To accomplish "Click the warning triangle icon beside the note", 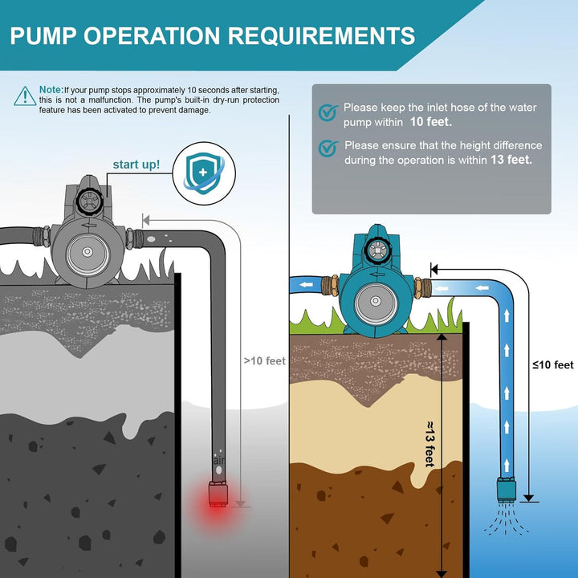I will [x=24, y=96].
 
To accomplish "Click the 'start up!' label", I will [x=136, y=165].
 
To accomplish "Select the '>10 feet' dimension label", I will [x=265, y=360].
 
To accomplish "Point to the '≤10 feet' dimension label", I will [x=552, y=365].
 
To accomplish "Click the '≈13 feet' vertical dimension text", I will [x=429, y=442].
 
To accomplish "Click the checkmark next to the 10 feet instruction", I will [x=327, y=113].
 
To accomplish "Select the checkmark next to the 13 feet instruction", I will [x=327, y=149].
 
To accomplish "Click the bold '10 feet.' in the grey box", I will [x=430, y=123].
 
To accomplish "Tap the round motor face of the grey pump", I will [x=85, y=254].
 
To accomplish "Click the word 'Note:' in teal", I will [x=51, y=89].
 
